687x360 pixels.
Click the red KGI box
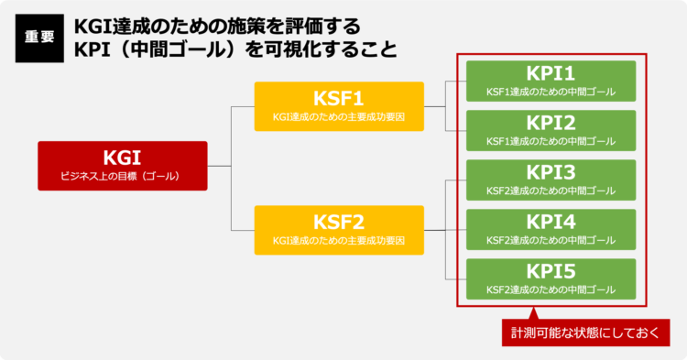[x=123, y=165]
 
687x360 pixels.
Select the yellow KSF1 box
[x=339, y=106]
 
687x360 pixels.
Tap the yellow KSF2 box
[x=339, y=230]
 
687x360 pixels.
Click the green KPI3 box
[x=551, y=180]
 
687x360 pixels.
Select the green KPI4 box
[x=551, y=229]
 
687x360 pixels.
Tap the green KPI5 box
[x=551, y=278]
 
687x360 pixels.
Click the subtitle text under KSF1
[x=339, y=117]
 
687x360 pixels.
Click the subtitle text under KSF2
[x=339, y=241]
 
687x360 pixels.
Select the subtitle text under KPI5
[x=551, y=290]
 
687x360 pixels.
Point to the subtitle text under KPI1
[x=551, y=92]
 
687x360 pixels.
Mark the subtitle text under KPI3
[x=551, y=191]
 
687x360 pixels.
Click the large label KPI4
[x=551, y=222]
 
